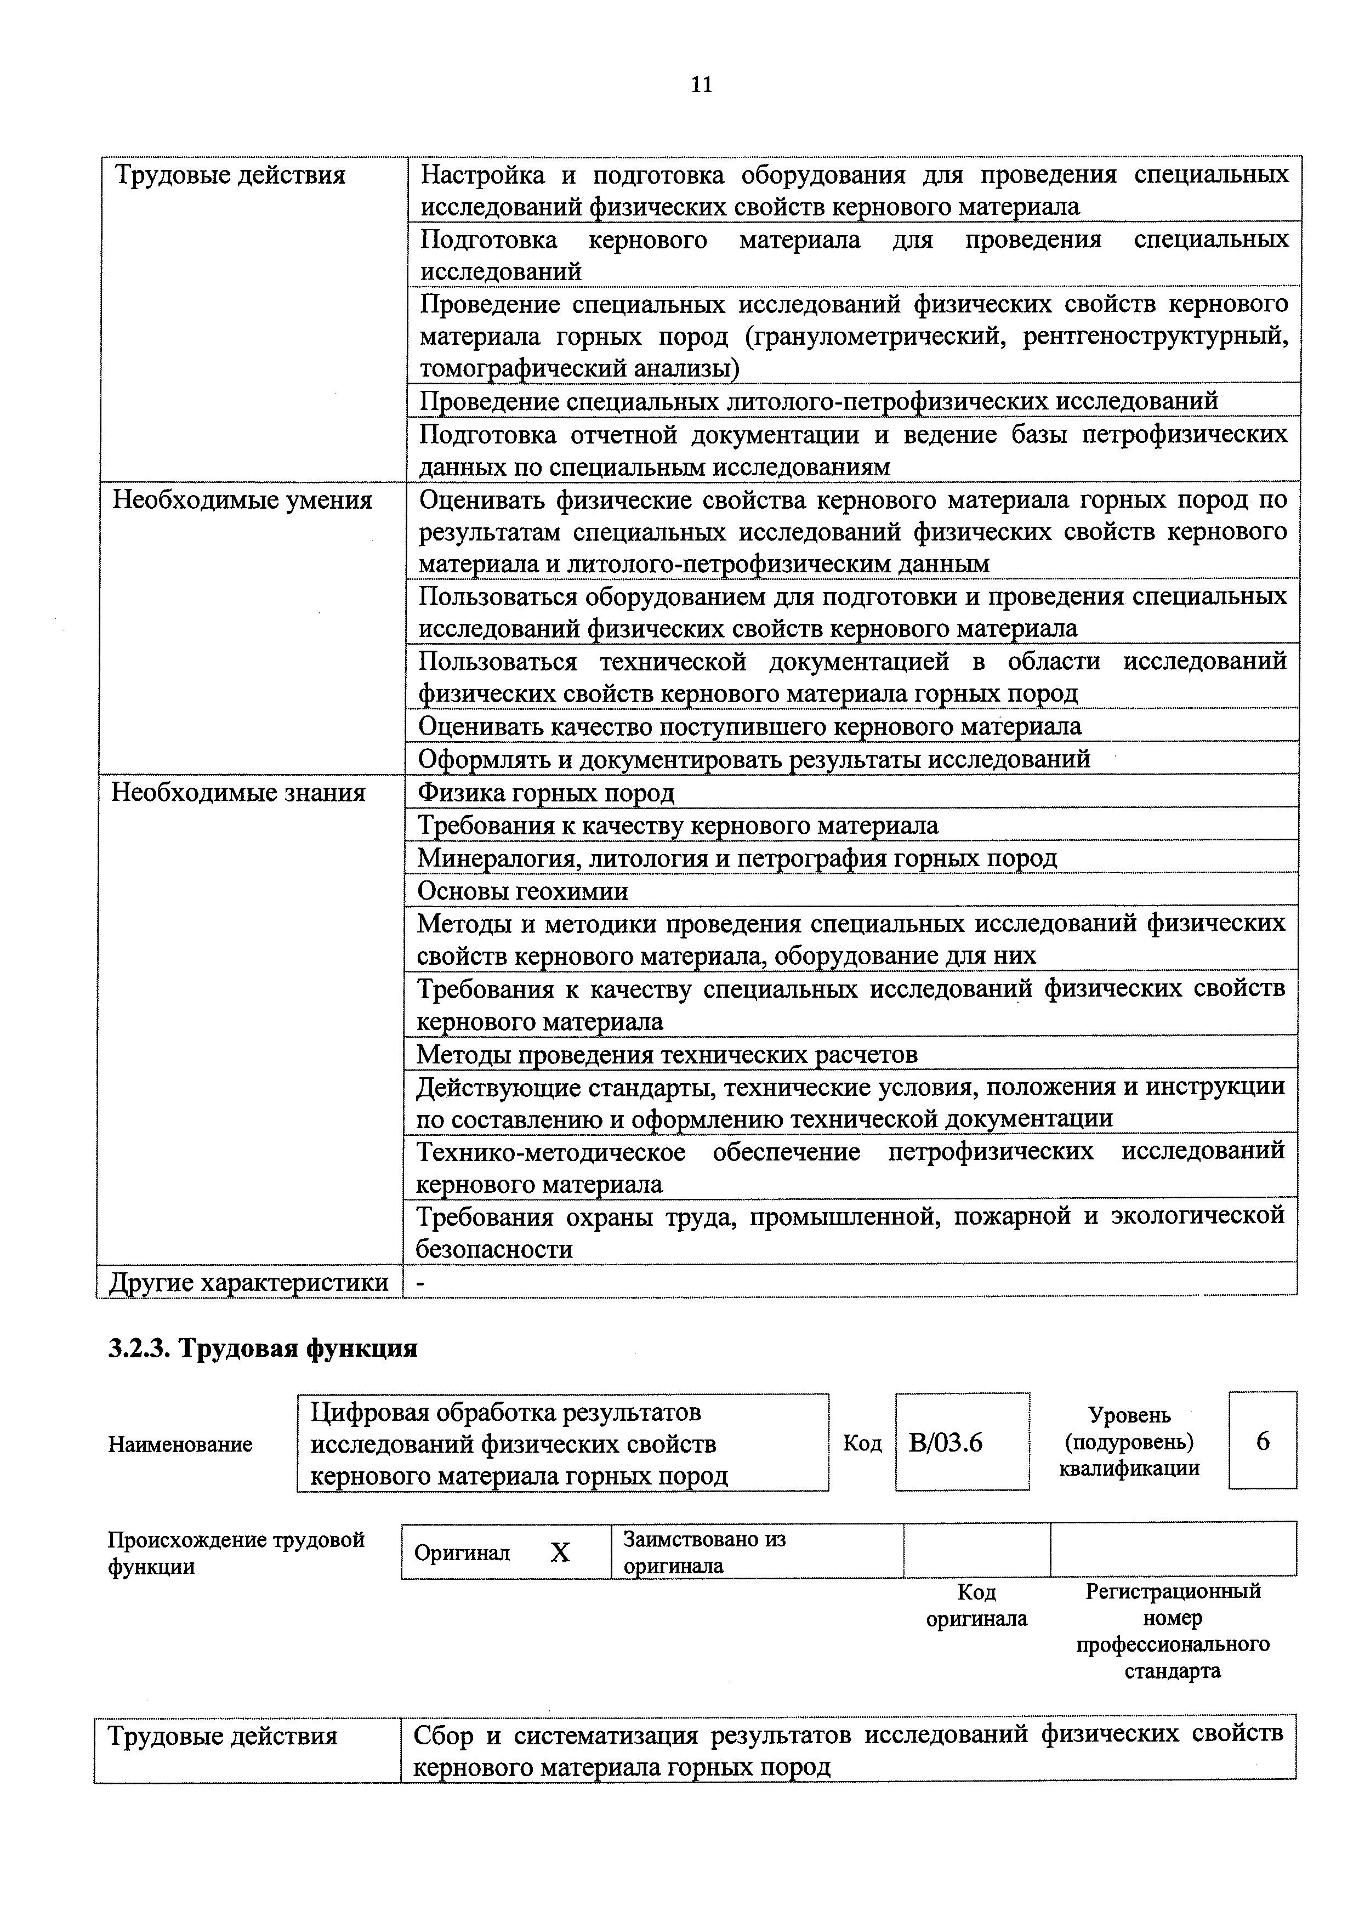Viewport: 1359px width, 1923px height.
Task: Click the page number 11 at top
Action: coord(702,84)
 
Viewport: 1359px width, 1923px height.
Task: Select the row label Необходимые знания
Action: coord(238,792)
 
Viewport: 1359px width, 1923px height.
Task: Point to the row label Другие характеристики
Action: coord(249,1282)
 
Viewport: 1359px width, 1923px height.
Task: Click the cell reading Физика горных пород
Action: coord(546,792)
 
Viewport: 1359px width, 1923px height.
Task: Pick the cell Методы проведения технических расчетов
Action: coord(667,1054)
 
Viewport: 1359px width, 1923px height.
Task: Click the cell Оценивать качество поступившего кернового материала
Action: coord(749,726)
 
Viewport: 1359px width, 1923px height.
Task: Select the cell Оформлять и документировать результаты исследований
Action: coord(754,759)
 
